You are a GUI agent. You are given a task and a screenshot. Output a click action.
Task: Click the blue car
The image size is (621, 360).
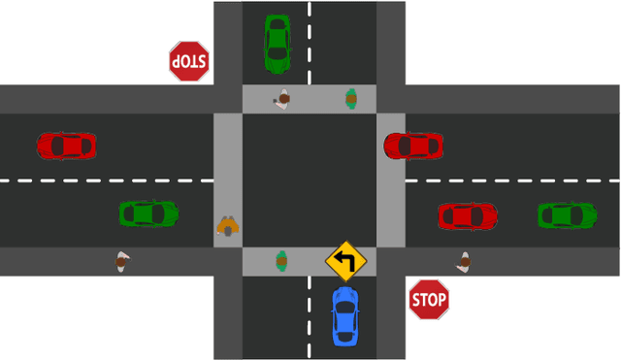click(x=344, y=316)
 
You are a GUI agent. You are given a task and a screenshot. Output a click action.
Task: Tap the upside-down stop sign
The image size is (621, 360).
click(x=189, y=60)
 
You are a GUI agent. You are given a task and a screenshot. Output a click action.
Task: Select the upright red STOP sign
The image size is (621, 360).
click(x=428, y=300)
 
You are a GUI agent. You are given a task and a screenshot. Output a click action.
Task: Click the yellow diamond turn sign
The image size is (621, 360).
click(x=345, y=261)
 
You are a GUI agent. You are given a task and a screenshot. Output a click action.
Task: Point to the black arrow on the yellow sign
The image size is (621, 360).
click(x=344, y=260)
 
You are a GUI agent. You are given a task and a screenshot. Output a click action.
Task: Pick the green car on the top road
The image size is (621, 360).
click(x=278, y=43)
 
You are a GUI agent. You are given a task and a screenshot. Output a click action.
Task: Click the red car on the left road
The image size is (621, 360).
click(x=66, y=146)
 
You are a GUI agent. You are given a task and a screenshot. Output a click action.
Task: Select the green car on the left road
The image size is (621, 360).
click(x=148, y=213)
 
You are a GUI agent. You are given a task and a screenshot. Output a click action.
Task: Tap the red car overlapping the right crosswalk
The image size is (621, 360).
click(x=413, y=146)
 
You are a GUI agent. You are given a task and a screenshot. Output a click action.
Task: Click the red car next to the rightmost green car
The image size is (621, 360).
click(x=467, y=215)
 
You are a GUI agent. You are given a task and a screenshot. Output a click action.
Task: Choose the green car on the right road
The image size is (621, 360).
click(x=567, y=214)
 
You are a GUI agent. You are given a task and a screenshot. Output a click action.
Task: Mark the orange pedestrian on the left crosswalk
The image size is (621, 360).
click(x=228, y=226)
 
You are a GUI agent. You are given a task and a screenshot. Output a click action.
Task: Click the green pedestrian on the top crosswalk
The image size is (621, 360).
click(x=351, y=98)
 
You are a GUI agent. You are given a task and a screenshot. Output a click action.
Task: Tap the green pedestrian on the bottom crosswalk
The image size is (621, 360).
click(x=281, y=260)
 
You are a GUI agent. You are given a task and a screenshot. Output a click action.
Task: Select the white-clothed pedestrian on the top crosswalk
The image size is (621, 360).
click(x=283, y=99)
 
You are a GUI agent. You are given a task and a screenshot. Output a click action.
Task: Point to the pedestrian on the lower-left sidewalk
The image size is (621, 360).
click(x=121, y=261)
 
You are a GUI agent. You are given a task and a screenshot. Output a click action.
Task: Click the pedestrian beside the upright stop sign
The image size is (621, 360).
click(x=465, y=261)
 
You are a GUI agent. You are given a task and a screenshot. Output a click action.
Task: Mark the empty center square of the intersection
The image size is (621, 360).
click(x=310, y=180)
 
